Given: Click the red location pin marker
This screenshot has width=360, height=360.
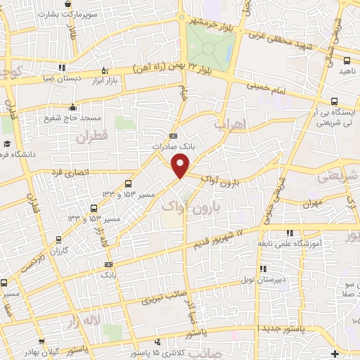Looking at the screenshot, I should [x=181, y=166].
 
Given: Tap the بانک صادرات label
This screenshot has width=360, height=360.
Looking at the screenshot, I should [x=172, y=147].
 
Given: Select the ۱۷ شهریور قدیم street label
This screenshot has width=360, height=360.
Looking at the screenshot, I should [x=218, y=238].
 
